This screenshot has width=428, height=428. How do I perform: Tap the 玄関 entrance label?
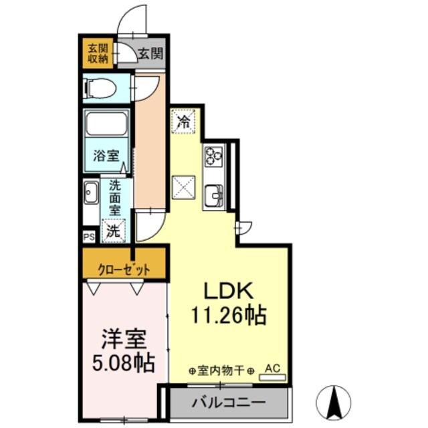point(150,53)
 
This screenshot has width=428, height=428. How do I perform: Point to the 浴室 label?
point(106,157)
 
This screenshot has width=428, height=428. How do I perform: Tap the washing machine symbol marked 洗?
point(114,231)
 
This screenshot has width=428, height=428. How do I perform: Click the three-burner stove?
point(214,157)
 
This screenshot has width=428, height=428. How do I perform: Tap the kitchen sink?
point(214,197)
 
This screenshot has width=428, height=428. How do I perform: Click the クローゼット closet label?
point(124,270)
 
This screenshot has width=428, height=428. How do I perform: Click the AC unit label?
point(272,367)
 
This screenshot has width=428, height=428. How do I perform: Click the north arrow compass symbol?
point(337,401)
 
